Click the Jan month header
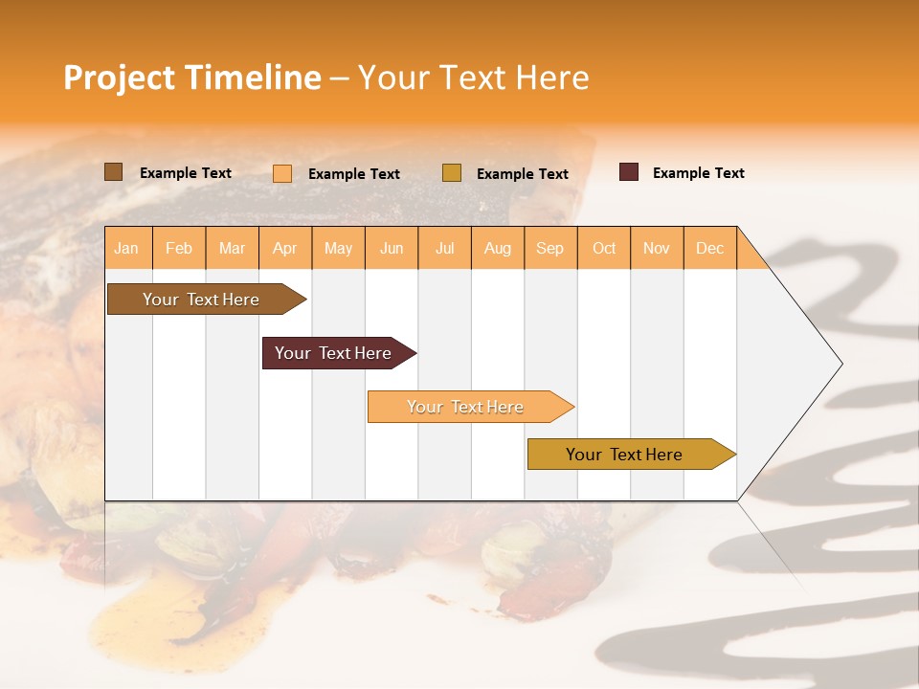tap(126, 248)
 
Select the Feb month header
tap(179, 248)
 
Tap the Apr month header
tap(284, 248)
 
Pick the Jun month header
tap(392, 248)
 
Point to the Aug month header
tap(497, 248)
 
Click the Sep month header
tap(549, 248)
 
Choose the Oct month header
tap(604, 248)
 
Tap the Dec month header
tap(709, 248)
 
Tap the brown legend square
tap(113, 172)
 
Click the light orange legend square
tap(282, 173)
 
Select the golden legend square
tap(452, 173)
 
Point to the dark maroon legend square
tap(629, 172)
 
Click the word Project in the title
tap(120, 78)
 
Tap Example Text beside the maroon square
tap(698, 173)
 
